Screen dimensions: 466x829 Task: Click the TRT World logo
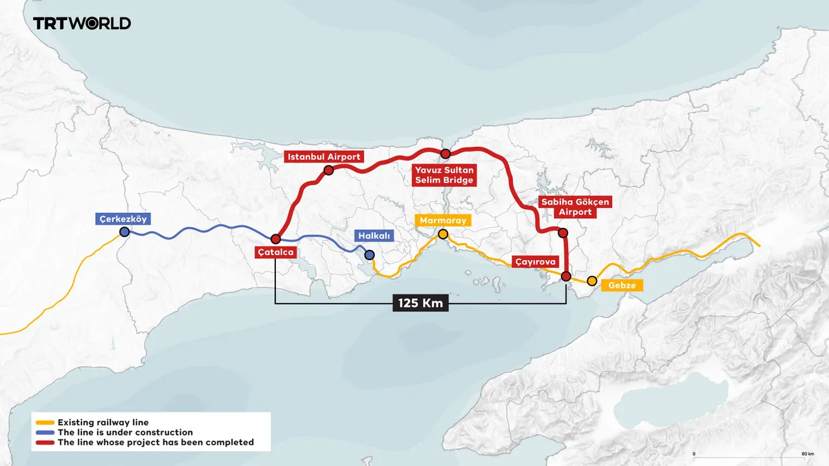tap(82, 23)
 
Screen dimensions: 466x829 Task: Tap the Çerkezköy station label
tap(123, 219)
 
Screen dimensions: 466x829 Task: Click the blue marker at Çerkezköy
tap(124, 232)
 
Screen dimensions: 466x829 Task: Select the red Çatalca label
tap(276, 252)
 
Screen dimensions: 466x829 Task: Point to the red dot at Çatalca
tap(276, 239)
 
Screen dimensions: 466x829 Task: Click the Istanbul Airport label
tap(324, 157)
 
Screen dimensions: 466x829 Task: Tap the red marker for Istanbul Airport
tap(328, 170)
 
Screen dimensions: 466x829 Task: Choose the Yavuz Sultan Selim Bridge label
tap(444, 175)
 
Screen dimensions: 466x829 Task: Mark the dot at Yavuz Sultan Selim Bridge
tap(445, 153)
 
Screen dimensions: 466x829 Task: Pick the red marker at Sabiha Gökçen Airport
tap(563, 233)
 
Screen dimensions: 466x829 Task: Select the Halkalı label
tap(374, 237)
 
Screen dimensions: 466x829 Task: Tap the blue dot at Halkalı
tap(369, 255)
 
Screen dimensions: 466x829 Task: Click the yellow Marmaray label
tap(443, 221)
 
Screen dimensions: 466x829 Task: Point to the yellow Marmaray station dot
tap(443, 234)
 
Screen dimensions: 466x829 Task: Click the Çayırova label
tap(535, 262)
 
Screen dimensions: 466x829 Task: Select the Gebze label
tap(622, 285)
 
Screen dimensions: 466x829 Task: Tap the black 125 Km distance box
tap(420, 302)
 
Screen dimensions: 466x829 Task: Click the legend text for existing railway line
tap(103, 422)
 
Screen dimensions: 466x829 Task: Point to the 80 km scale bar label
tap(806, 454)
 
